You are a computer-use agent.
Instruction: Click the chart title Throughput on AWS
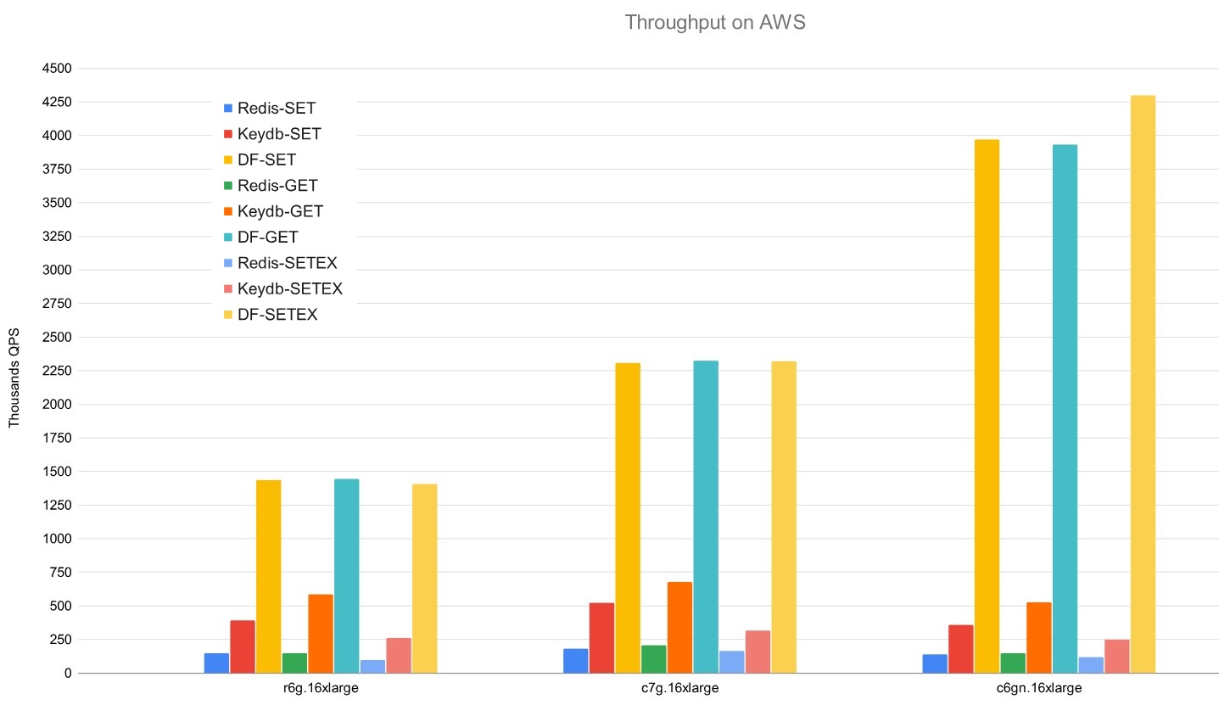coord(714,23)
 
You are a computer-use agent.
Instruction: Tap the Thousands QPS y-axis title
coord(14,378)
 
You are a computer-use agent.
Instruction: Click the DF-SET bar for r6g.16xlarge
coord(268,576)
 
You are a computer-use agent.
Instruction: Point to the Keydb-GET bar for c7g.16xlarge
coord(679,627)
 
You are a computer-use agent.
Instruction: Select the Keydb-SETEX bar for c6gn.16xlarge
coord(1116,656)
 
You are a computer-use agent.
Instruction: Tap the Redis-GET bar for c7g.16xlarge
coord(654,658)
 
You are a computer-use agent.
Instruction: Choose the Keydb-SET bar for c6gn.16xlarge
coord(961,648)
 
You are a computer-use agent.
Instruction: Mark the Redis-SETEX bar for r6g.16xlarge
coord(372,666)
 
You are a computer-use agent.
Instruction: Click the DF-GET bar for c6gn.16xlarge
coord(1065,408)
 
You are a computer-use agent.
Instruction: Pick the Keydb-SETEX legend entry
coord(289,288)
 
